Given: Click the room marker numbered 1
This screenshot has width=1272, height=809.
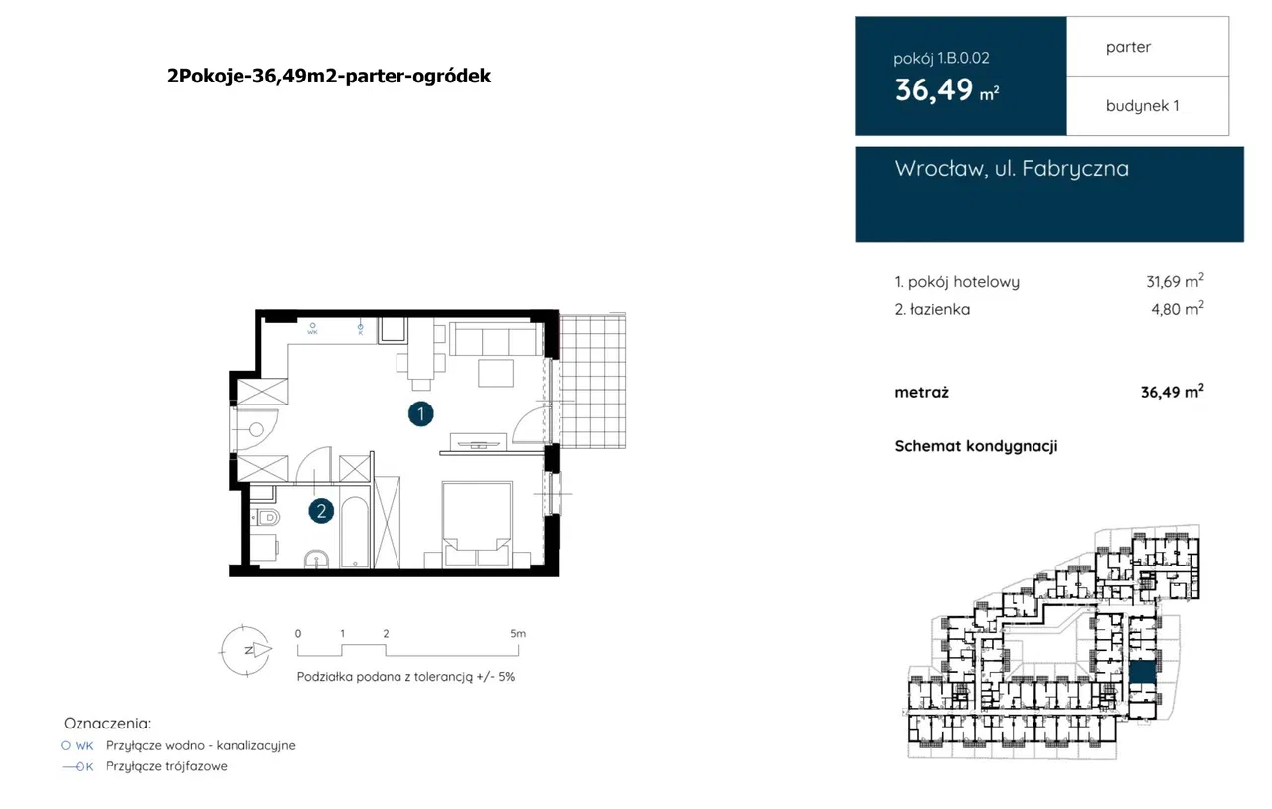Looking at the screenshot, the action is [420, 414].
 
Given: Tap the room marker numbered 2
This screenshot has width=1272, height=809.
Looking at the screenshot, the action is [321, 511].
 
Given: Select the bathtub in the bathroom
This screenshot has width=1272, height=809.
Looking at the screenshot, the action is [355, 533].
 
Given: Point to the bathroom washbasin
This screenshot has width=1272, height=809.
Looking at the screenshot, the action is [316, 560].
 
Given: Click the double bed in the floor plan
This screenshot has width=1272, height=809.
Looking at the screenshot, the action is [477, 523].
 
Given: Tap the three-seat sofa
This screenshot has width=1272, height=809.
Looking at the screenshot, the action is [496, 339].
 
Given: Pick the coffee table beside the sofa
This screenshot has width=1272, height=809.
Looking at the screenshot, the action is [496, 374].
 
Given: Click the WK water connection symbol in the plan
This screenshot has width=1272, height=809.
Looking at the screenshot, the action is [312, 328].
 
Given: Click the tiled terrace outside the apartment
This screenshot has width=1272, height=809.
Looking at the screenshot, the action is [593, 382].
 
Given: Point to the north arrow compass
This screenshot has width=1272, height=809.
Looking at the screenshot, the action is [245, 650].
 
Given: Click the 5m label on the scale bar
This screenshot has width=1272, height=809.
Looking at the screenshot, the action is [518, 633].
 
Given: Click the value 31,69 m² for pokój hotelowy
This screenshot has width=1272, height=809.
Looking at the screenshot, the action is [1175, 281].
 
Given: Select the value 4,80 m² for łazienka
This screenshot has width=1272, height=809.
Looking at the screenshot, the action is [1178, 309].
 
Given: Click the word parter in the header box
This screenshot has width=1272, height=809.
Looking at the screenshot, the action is [1128, 47].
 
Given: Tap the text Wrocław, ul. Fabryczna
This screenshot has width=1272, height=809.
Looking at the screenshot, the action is [1012, 168].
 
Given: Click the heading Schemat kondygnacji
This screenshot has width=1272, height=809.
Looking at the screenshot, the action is [976, 446].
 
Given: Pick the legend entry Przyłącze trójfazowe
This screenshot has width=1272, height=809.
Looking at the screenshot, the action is [166, 766].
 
